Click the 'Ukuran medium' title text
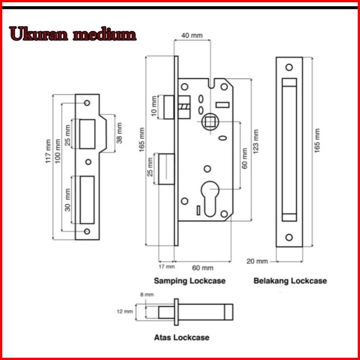73,34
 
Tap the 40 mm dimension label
192,36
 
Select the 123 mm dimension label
256,141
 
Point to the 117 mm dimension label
48,151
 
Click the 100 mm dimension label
58,151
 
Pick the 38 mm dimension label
120,133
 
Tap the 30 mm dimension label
68,200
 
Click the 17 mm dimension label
167,267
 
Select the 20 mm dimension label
257,261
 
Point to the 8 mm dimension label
147,295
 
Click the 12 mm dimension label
125,312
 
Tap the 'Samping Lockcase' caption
190,281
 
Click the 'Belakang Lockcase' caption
290,281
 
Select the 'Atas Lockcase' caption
182,337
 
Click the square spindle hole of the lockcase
210,122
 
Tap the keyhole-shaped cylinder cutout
210,199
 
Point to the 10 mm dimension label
154,107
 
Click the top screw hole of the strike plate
87,103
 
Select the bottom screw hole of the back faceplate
289,237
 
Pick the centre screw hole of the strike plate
88,162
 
